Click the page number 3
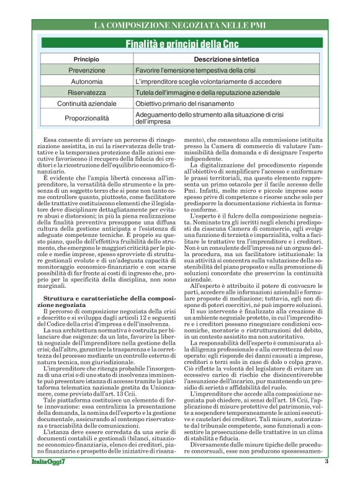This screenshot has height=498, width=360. point(326,479)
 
